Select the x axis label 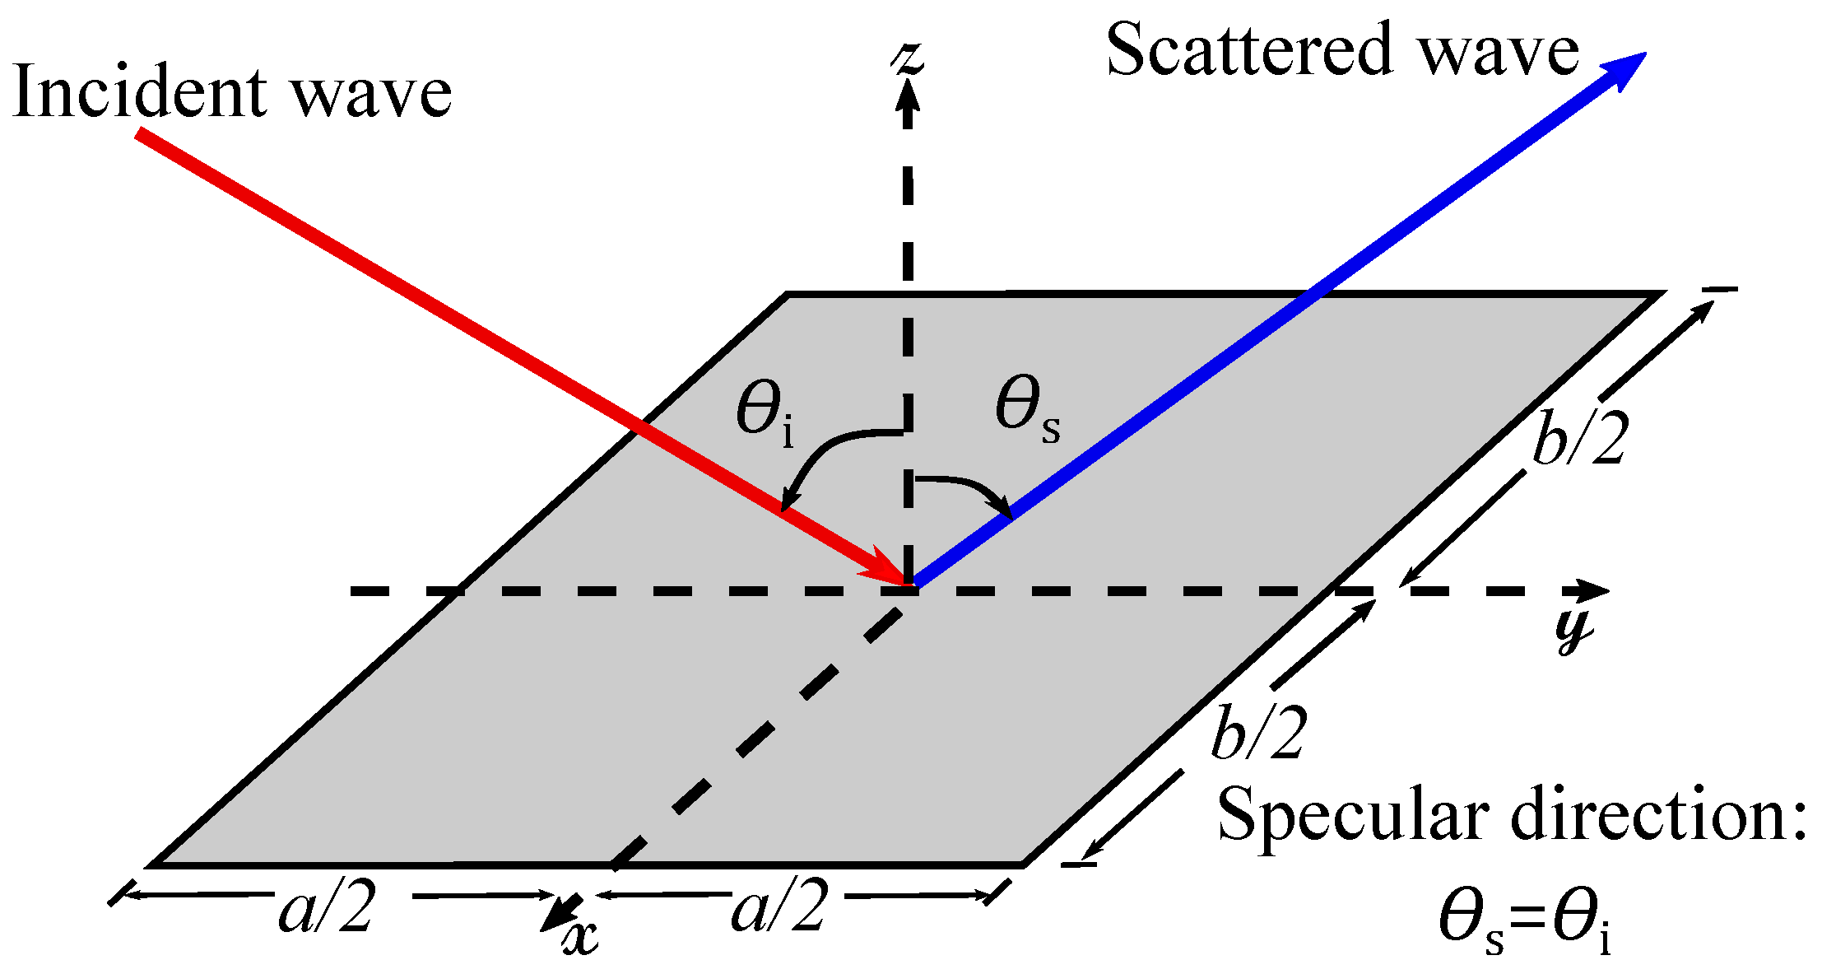pyautogui.click(x=581, y=937)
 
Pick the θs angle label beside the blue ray pyautogui.click(x=1025, y=409)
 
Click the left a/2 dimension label pyautogui.click(x=328, y=909)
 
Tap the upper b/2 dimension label pyautogui.click(x=1580, y=440)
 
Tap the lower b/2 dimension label pyautogui.click(x=1259, y=732)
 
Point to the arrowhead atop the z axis pyautogui.click(x=908, y=103)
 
